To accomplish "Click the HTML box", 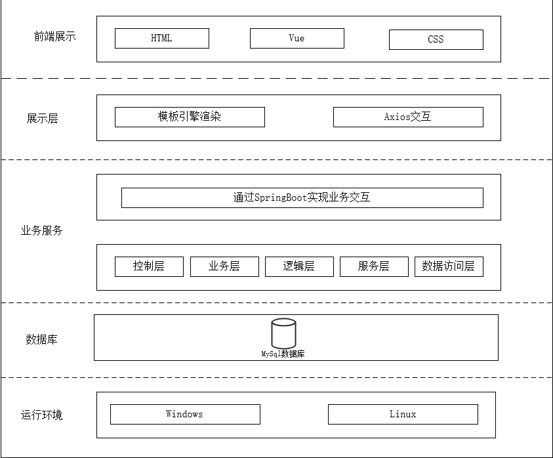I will coord(162,38).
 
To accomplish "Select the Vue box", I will coord(297,38).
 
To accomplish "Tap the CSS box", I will coord(436,39).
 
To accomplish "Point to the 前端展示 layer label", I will coord(55,37).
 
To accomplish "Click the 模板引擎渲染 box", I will coord(190,117).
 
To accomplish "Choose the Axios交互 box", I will coord(408,117).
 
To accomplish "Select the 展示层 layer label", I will coord(42,119).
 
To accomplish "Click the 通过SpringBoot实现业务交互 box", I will coord(302,198).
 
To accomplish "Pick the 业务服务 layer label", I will coord(42,231).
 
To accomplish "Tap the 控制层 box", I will coord(149,266).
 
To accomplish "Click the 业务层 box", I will coord(224,266).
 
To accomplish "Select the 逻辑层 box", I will coord(299,266).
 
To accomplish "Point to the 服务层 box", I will coord(374,266).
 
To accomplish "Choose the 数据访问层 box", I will coord(449,266).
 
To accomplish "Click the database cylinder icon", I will coord(283,333).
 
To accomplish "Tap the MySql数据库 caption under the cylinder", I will coord(283,354).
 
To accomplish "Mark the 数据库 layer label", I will coord(42,340).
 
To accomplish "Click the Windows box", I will coord(185,414).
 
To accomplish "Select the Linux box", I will coord(403,414).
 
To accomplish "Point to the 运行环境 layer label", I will coord(42,415).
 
